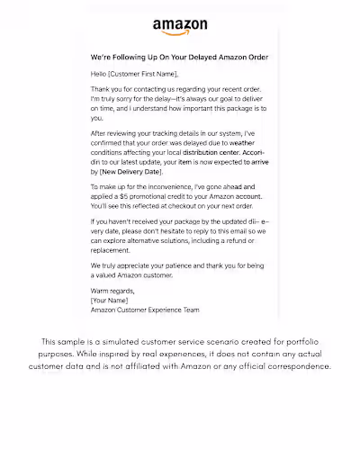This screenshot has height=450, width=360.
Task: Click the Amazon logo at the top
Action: (x=180, y=28)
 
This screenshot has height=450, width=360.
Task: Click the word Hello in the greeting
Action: (x=100, y=74)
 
